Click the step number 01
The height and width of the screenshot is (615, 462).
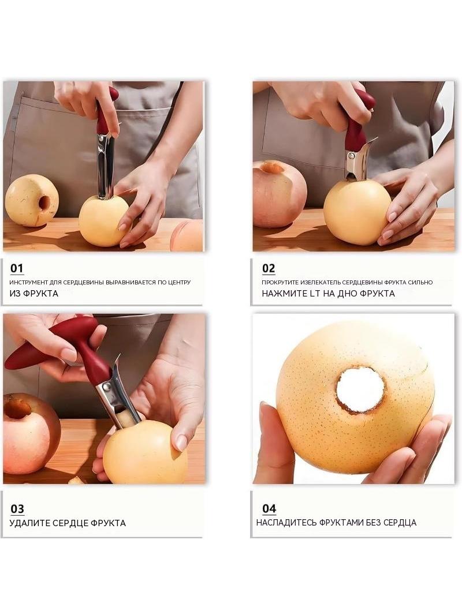[17, 269]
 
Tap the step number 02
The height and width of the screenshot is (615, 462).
[269, 269]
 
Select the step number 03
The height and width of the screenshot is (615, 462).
[17, 509]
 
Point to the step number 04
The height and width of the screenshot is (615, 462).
[269, 509]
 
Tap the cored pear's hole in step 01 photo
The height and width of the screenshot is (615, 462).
[44, 203]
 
